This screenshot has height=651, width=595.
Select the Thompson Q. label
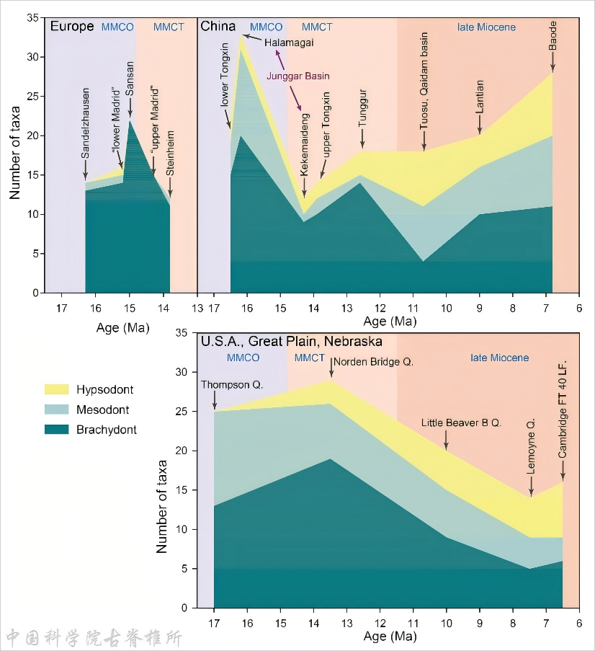(233, 385)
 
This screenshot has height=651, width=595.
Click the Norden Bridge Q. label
(373, 361)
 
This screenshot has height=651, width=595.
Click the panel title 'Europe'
(72, 27)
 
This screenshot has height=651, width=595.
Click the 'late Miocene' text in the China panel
(486, 27)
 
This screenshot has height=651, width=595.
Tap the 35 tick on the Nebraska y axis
(181, 333)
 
